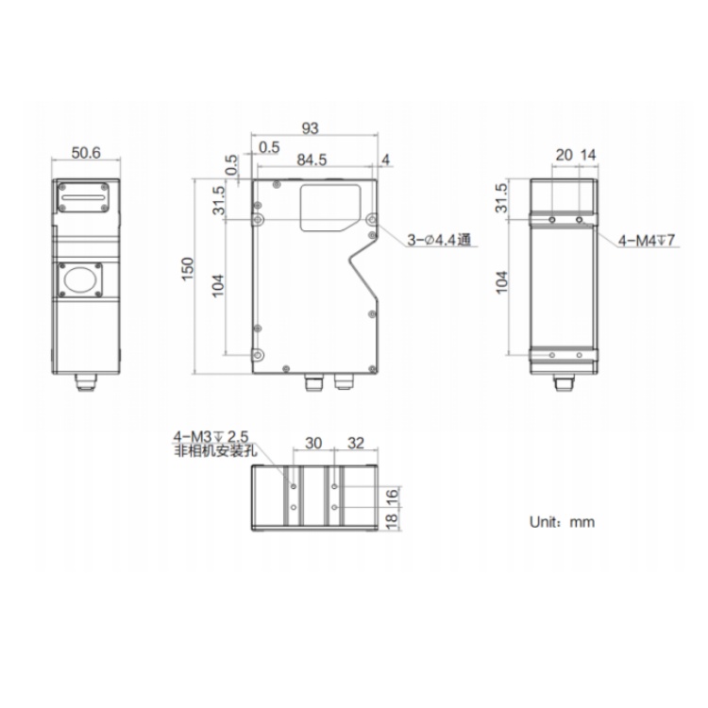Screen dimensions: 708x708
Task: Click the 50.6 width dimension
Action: (86, 153)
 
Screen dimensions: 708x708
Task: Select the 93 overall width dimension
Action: (311, 128)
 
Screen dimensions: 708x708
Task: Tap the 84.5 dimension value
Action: (312, 160)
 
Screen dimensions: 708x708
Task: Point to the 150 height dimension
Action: (188, 269)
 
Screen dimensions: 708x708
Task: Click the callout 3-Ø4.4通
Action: (439, 240)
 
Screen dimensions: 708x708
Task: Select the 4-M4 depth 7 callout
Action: (646, 240)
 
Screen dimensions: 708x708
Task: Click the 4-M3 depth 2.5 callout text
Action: (211, 437)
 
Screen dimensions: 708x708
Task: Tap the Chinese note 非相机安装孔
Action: (215, 450)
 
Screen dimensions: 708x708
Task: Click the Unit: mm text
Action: (562, 522)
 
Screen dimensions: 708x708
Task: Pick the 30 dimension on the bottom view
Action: (313, 443)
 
